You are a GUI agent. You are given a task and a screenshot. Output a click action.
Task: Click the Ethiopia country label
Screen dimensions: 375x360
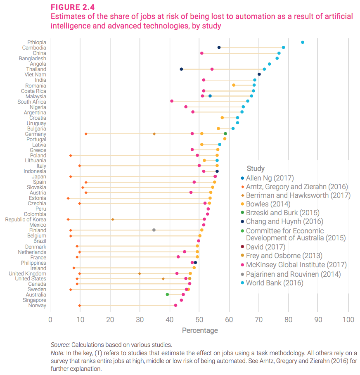pyautogui.click(x=37, y=42)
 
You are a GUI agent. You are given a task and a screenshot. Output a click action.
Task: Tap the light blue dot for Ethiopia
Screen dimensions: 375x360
pyautogui.click(x=303, y=42)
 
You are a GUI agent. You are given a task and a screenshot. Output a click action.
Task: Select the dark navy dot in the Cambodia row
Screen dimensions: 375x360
pyautogui.click(x=219, y=47)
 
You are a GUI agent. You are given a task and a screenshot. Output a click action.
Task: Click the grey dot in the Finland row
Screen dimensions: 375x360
pyautogui.click(x=154, y=230)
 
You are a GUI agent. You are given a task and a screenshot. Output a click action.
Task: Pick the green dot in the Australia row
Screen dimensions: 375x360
pyautogui.click(x=167, y=294)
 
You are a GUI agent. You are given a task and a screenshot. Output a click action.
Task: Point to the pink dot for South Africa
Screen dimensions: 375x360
pyautogui.click(x=172, y=101)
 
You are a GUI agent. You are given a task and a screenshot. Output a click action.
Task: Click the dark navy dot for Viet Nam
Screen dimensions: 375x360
pyautogui.click(x=259, y=74)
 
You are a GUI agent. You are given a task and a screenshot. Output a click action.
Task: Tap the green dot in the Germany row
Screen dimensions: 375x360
pyautogui.click(x=225, y=133)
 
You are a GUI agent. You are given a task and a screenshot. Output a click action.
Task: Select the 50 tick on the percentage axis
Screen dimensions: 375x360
pyautogui.click(x=199, y=320)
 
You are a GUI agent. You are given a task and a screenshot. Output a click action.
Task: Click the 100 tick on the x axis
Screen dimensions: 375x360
pyautogui.click(x=348, y=320)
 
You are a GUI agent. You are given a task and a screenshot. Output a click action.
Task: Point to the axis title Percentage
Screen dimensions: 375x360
pyautogui.click(x=200, y=330)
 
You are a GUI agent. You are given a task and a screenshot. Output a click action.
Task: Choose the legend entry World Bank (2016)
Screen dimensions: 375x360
pyautogui.click(x=275, y=283)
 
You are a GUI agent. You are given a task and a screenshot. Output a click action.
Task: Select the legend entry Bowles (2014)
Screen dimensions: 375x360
pyautogui.click(x=268, y=204)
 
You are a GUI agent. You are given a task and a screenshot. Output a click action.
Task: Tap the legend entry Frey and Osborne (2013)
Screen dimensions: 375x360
pyautogui.click(x=284, y=256)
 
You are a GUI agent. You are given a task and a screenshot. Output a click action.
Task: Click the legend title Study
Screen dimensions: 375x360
pyautogui.click(x=256, y=169)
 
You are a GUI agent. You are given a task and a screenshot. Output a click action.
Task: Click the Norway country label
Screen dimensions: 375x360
pyautogui.click(x=37, y=305)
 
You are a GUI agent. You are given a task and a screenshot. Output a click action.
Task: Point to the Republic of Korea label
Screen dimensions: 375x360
pyautogui.click(x=26, y=219)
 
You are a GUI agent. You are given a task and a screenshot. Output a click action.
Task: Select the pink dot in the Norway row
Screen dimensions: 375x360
pyautogui.click(x=175, y=305)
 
